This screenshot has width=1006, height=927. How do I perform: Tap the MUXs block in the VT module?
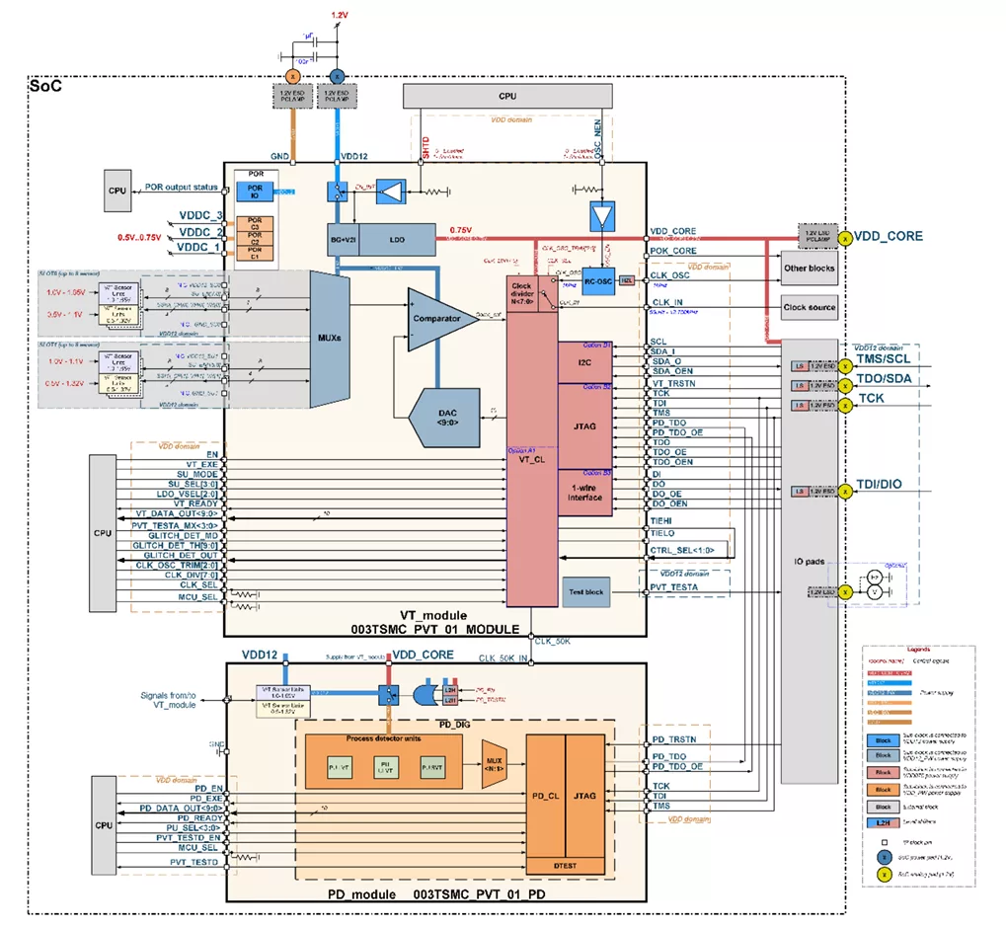pos(332,339)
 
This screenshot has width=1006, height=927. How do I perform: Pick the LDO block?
pos(396,239)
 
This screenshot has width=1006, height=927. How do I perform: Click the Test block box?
pos(585,592)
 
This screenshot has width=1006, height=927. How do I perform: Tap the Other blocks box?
pos(809,268)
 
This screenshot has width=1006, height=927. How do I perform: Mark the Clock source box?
pos(809,307)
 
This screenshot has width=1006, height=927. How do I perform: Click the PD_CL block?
pos(545,795)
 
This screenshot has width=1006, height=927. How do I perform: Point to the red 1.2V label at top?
pos(340,15)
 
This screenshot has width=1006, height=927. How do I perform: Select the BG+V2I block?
pos(343,239)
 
